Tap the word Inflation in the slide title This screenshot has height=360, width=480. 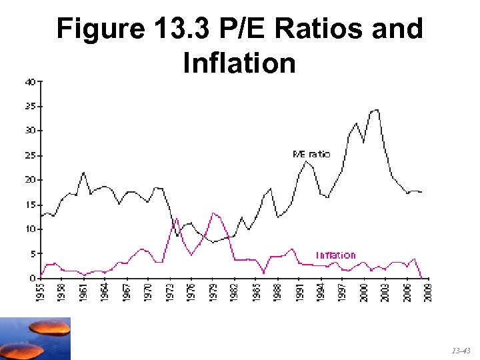[x=238, y=63]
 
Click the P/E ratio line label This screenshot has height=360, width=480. [x=311, y=154]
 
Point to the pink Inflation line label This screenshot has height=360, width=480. [x=335, y=255]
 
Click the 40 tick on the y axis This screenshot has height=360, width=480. [x=31, y=82]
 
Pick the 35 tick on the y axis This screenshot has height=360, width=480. [x=31, y=106]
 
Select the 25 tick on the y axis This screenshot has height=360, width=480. [x=31, y=155]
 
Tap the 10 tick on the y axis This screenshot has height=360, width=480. [x=31, y=229]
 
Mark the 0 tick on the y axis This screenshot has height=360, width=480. [x=33, y=277]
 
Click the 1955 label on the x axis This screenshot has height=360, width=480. [x=41, y=291]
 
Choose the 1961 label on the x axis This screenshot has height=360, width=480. [x=83, y=291]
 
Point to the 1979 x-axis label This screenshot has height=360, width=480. [x=213, y=291]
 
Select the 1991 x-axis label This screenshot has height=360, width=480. [x=299, y=291]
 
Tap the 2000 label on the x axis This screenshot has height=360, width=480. [x=363, y=291]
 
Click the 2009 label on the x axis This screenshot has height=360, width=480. [x=428, y=291]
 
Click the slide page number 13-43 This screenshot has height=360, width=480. [x=460, y=349]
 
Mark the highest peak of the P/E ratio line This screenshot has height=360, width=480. [x=377, y=110]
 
